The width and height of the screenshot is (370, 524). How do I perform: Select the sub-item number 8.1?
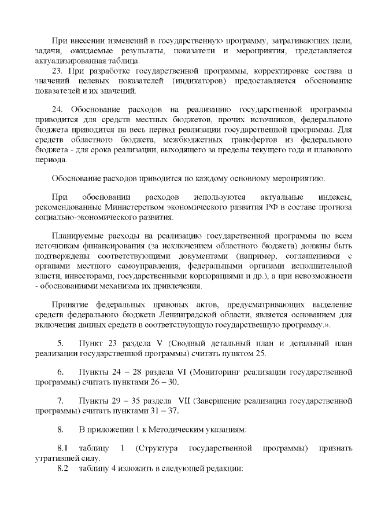pyautogui.click(x=63, y=448)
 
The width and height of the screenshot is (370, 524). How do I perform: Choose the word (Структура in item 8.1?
pyautogui.click(x=155, y=448)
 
